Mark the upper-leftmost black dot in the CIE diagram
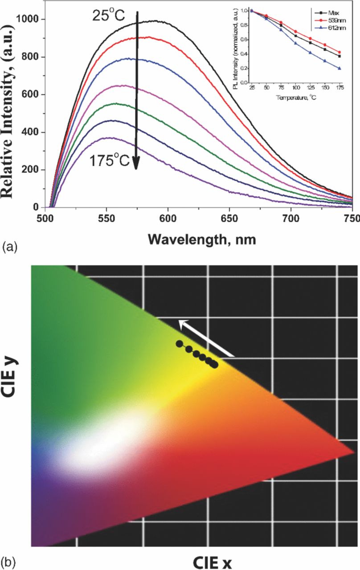pyautogui.click(x=179, y=343)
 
